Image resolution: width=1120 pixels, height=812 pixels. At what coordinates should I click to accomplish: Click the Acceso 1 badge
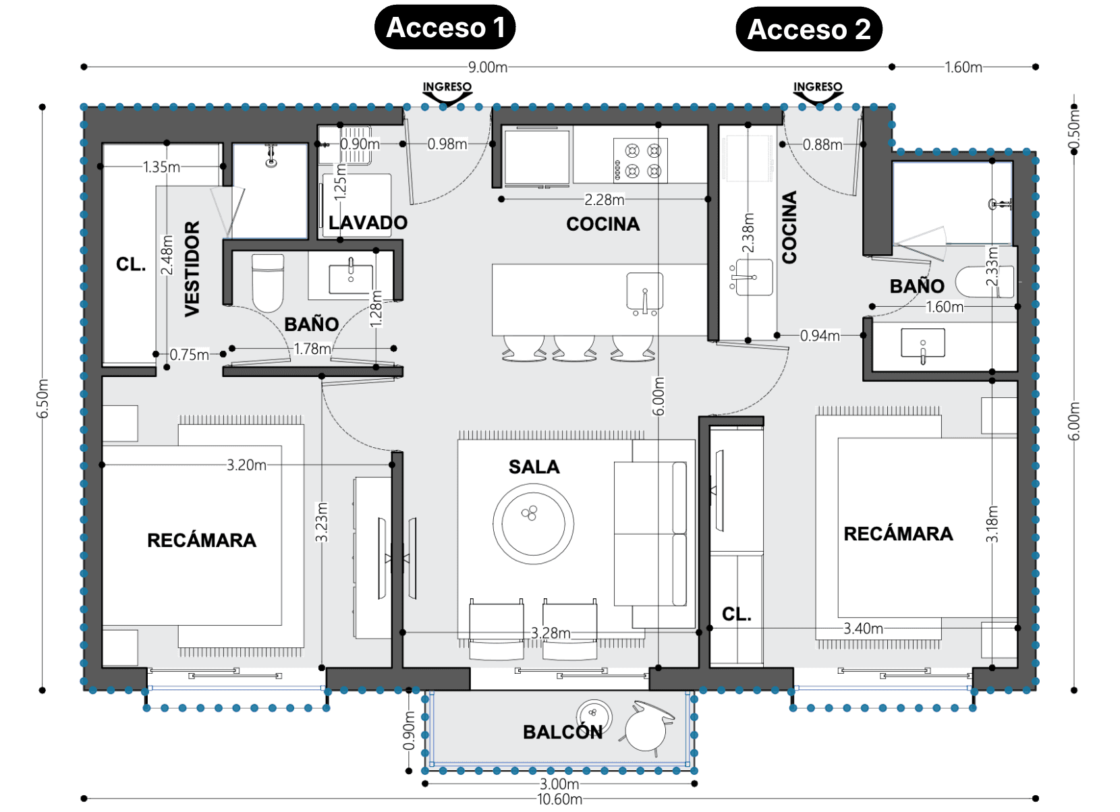445,28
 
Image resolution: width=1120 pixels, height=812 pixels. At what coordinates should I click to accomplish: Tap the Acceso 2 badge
809,29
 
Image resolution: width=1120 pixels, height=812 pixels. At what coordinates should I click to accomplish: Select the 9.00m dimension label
488,67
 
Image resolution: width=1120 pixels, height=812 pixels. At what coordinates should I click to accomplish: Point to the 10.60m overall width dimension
559,799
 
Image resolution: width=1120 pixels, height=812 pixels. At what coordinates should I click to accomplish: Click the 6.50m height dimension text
43,399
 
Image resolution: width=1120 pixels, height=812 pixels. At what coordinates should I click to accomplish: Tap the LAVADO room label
368,223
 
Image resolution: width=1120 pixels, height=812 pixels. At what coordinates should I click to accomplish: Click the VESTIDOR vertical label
192,268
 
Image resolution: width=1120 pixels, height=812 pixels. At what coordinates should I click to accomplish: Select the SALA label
534,467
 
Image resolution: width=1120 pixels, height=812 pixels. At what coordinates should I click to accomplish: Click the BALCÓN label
563,732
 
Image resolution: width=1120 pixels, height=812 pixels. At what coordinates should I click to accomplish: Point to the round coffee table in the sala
533,523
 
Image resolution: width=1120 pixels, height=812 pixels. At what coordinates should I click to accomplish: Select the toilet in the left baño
268,282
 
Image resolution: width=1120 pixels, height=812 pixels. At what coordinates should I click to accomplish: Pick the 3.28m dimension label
551,633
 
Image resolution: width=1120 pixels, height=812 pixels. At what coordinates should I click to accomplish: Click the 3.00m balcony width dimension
559,784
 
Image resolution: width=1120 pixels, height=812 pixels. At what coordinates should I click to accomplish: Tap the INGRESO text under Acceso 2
818,87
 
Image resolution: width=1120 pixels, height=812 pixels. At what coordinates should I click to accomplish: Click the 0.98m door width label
447,144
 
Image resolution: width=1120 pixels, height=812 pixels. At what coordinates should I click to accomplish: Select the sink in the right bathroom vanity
923,343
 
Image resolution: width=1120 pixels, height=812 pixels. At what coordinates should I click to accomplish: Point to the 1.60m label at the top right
963,67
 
